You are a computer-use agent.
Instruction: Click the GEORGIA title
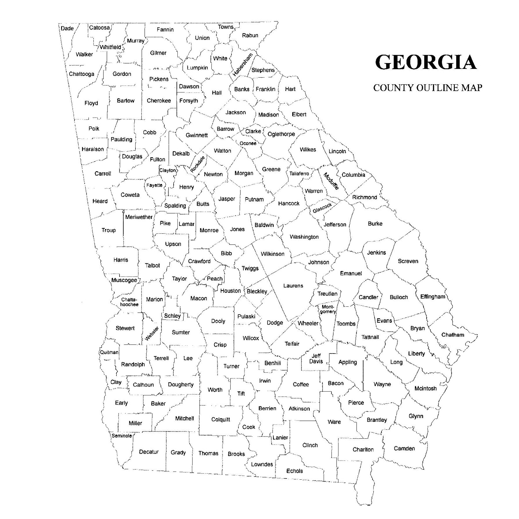click(426, 62)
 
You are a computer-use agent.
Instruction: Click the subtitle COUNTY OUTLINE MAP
click(427, 88)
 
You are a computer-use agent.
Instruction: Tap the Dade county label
click(67, 29)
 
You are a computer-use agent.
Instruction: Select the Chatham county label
click(453, 335)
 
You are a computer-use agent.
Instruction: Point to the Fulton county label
click(157, 159)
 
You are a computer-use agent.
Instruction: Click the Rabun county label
click(250, 36)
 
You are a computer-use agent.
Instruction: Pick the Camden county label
click(404, 449)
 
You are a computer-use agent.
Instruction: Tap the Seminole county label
click(122, 436)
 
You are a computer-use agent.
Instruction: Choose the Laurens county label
click(293, 286)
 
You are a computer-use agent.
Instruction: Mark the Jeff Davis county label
click(316, 359)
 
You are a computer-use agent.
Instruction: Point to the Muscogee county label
click(124, 280)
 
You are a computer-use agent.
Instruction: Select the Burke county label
click(375, 224)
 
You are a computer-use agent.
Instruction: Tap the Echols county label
click(294, 471)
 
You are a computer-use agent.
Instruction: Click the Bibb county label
click(226, 253)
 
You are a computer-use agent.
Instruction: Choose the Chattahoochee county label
click(129, 302)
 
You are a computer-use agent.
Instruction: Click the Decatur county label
click(149, 452)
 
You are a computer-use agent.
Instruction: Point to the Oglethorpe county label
click(281, 134)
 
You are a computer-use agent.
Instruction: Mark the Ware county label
click(334, 422)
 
